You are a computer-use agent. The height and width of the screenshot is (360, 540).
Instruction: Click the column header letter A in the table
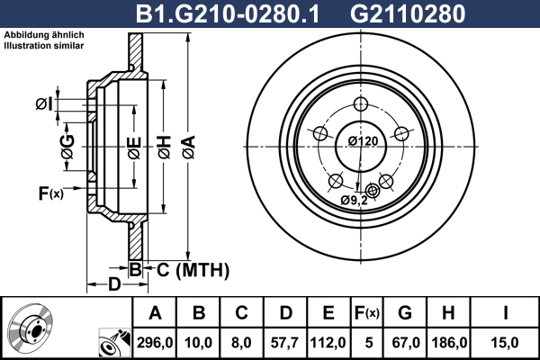point(155,313)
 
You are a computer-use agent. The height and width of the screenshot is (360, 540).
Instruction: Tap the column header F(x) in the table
point(368,313)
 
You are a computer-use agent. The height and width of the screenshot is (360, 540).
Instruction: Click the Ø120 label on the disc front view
point(361,140)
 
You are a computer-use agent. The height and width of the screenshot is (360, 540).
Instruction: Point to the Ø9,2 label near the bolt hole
point(355,200)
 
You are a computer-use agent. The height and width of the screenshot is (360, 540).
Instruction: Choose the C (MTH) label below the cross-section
point(187,269)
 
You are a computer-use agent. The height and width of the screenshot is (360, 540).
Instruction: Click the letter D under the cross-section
point(114,285)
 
